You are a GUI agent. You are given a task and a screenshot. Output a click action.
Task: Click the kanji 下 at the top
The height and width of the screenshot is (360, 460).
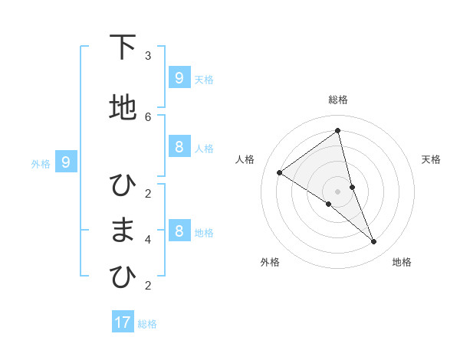[x=123, y=48]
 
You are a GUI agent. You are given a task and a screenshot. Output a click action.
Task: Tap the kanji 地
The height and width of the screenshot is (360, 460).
[x=123, y=108]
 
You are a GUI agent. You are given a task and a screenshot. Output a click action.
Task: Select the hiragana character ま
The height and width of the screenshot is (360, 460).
[x=123, y=231]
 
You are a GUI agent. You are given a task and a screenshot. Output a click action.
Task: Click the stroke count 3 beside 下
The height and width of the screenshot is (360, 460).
[x=148, y=56]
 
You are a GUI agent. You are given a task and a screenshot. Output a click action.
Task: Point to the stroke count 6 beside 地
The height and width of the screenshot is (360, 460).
[x=148, y=116]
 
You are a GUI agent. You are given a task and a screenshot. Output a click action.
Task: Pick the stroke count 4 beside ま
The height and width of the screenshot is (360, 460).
[x=148, y=239]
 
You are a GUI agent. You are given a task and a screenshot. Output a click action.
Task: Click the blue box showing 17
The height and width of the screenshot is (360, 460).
[x=123, y=322]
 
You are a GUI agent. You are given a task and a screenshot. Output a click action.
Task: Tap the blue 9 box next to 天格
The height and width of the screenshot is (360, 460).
[x=179, y=77]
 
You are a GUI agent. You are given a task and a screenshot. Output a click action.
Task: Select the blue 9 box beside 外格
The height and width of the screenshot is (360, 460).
[x=66, y=162]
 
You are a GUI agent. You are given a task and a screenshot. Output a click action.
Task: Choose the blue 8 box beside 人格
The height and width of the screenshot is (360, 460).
[x=179, y=147]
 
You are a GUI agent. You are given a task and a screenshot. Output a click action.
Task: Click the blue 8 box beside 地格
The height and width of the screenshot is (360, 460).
[x=179, y=231]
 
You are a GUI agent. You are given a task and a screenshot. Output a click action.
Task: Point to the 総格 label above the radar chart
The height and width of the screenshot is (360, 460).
[x=338, y=100]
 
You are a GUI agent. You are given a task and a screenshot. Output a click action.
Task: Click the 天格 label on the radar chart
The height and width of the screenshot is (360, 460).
[x=432, y=159]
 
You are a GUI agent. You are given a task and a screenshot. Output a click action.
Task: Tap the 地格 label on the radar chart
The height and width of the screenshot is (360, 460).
[x=402, y=262]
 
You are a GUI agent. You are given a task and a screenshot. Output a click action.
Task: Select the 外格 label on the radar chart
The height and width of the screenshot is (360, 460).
[x=270, y=262]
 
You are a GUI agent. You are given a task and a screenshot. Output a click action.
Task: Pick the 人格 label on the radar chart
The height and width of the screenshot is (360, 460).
[x=245, y=159]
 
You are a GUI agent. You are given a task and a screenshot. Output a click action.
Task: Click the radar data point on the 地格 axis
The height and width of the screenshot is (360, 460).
[x=374, y=241]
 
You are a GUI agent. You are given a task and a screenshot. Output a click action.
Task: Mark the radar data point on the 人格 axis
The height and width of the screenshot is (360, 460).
[x=279, y=172]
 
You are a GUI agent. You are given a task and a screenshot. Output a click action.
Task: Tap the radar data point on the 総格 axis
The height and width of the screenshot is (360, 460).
[x=338, y=130]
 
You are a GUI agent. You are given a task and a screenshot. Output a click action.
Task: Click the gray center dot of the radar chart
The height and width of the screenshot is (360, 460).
[x=338, y=191]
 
